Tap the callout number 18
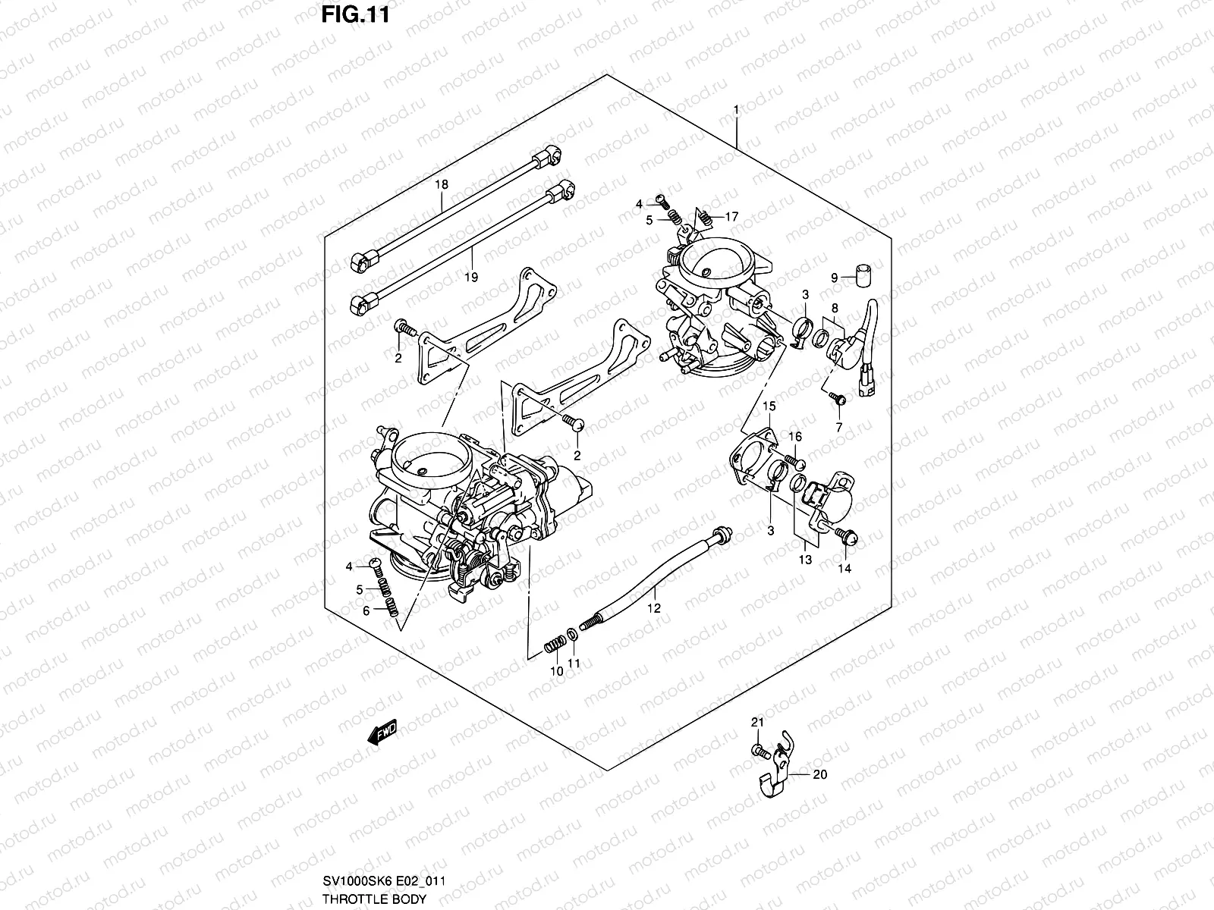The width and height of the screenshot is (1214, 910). point(442,184)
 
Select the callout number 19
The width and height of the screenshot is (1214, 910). point(470,277)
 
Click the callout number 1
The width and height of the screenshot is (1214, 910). point(735,111)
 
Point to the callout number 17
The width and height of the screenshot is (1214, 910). point(731,217)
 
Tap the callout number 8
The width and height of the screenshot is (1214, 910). point(835,308)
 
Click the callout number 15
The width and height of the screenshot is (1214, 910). point(769,407)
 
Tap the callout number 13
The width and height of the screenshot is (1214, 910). point(805,560)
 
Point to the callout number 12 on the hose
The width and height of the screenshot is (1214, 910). point(654,608)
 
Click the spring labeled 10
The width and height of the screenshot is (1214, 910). point(555,646)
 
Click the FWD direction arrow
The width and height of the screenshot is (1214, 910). point(382,732)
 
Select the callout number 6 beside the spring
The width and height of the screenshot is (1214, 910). point(366,610)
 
